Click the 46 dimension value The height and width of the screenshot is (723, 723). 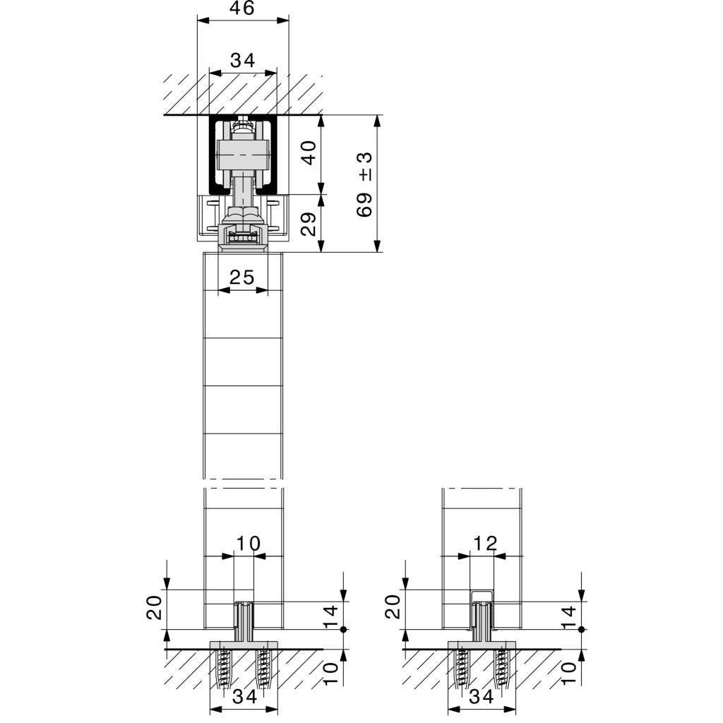click(242, 8)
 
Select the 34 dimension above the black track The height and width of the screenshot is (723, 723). click(242, 61)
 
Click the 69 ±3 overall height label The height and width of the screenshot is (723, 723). click(365, 184)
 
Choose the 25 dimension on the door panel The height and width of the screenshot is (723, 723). click(242, 277)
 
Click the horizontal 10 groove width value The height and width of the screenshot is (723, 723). click(248, 543)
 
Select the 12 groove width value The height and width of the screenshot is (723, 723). click(486, 543)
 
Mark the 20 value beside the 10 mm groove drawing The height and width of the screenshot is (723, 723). click(154, 607)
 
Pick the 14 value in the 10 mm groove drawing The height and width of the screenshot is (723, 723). click(331, 616)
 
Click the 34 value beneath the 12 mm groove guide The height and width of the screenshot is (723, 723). click(482, 698)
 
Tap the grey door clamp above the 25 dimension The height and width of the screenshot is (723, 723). click(243, 237)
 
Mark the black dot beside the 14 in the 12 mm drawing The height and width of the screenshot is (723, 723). click(581, 628)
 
